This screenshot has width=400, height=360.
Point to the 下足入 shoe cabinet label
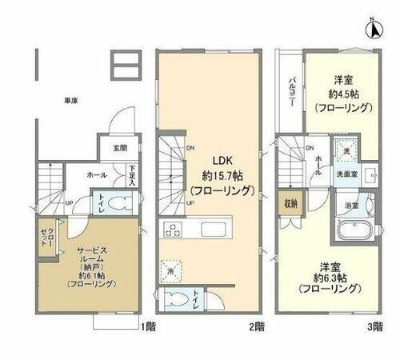(131, 174)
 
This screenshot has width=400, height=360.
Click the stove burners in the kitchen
(171, 229)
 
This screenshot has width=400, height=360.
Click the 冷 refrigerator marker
(170, 271)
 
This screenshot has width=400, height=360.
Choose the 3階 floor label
(376, 327)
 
